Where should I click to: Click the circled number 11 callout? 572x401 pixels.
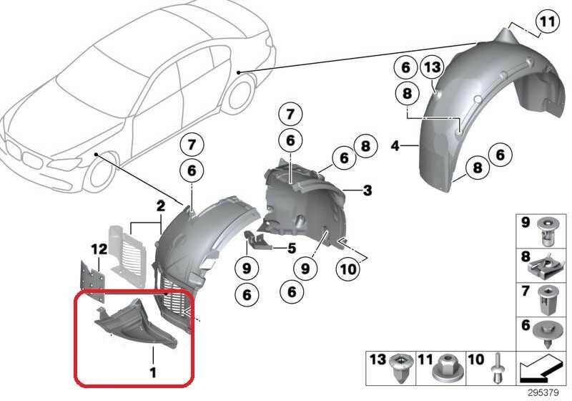547,22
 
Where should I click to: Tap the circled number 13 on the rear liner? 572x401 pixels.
432,67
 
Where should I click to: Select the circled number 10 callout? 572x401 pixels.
348,269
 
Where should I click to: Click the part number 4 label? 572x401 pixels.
395,146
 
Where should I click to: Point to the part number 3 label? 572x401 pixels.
367,190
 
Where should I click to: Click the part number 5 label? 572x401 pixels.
292,248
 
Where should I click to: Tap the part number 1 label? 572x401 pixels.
153,372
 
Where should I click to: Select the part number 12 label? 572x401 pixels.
99,249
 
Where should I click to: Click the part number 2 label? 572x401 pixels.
160,207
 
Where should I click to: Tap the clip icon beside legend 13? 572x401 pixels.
401,368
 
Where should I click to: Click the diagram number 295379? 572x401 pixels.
543,393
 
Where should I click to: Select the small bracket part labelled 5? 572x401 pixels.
257,240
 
